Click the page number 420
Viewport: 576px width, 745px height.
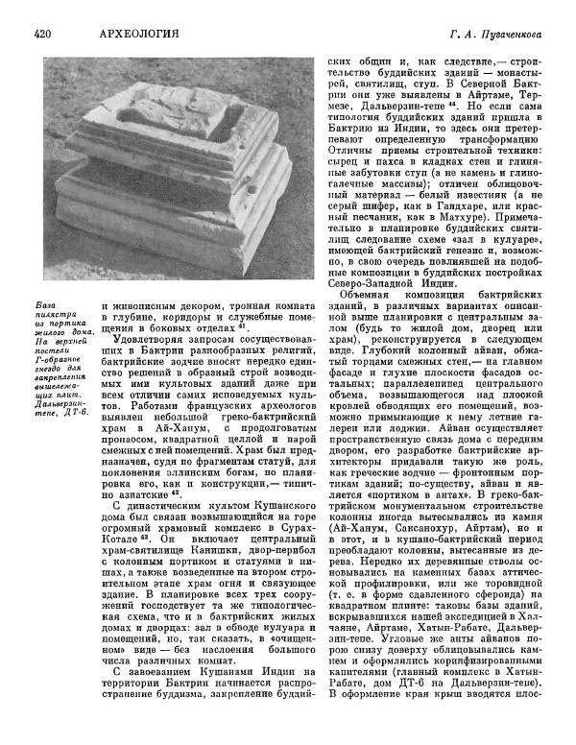(41, 35)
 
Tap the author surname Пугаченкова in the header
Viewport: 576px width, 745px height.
(515, 35)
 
